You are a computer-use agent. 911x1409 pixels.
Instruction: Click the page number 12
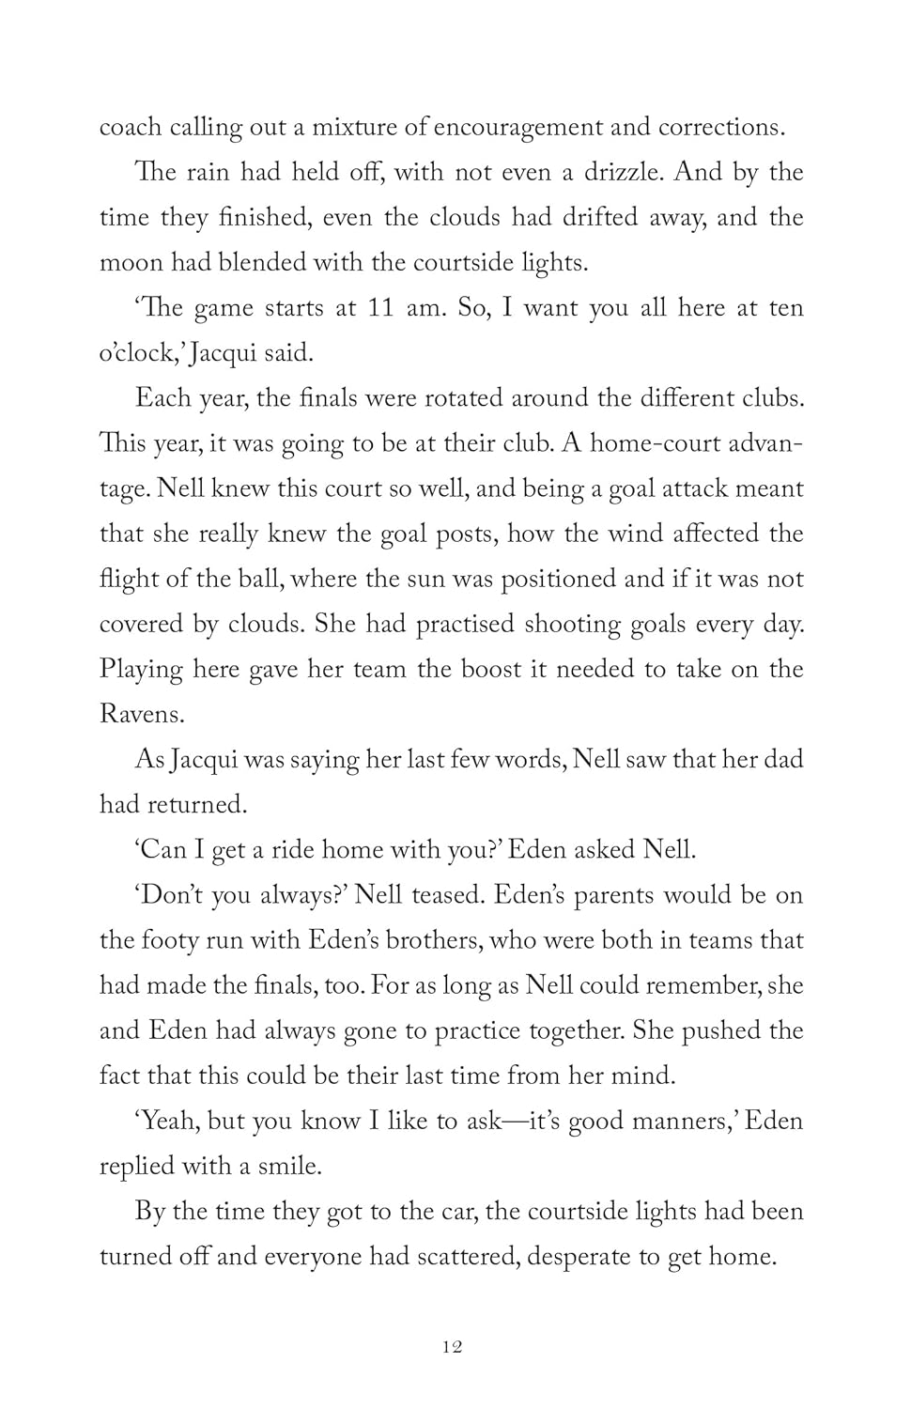click(x=452, y=1347)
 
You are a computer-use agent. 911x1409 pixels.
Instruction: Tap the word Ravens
click(x=141, y=714)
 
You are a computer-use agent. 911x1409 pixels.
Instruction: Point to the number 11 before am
click(x=379, y=308)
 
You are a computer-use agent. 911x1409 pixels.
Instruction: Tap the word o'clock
click(x=137, y=353)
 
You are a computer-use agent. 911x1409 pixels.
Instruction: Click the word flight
click(x=129, y=579)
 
